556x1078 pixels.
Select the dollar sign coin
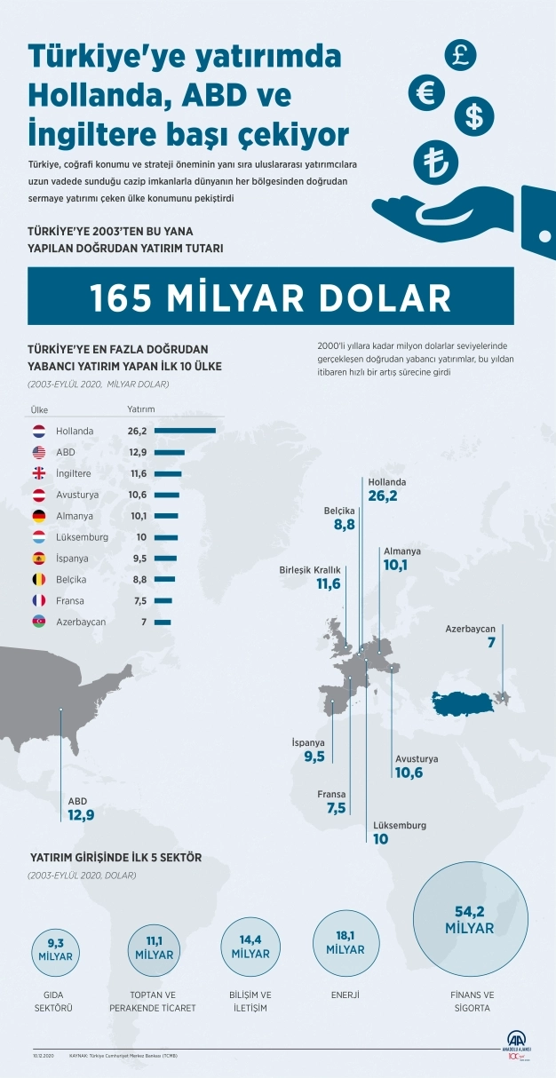point(474,115)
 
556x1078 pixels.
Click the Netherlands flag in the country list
point(38,431)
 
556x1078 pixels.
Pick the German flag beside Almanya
point(38,516)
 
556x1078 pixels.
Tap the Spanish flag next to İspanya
point(38,559)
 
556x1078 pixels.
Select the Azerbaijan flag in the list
point(38,622)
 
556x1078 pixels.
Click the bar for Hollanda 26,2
point(185,431)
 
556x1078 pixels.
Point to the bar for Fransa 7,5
point(163,600)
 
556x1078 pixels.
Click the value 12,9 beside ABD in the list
point(139,452)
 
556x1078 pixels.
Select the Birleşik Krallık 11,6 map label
point(310,577)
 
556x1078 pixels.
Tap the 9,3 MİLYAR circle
point(55,950)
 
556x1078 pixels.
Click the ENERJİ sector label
point(345,995)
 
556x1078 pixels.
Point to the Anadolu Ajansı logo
point(518,1043)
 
